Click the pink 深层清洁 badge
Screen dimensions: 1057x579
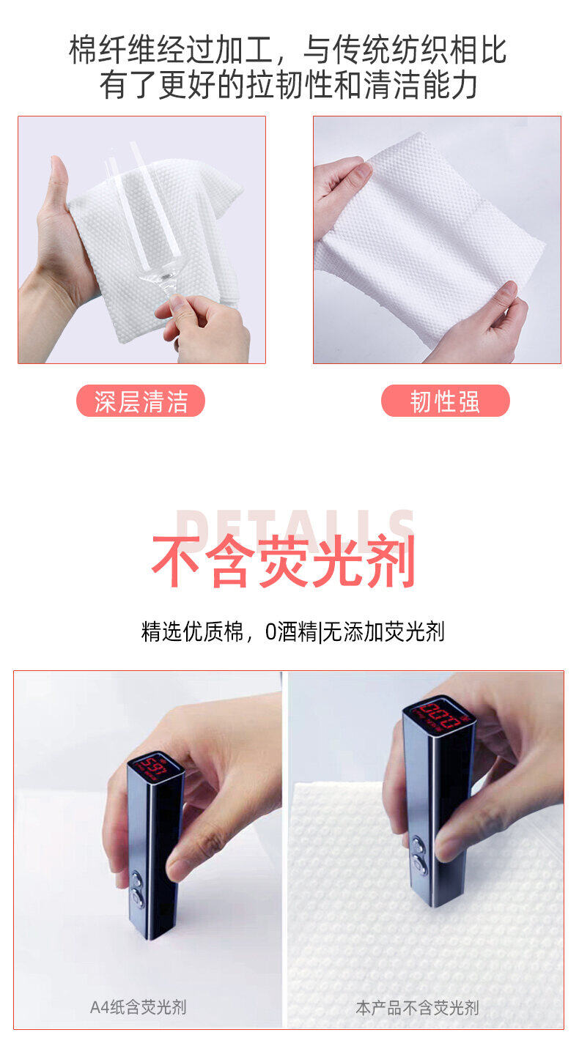pyautogui.click(x=141, y=401)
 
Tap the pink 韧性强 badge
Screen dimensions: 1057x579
pyautogui.click(x=445, y=401)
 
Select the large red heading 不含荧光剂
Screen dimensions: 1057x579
pyautogui.click(x=283, y=563)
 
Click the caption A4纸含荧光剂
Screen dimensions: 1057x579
pyautogui.click(x=138, y=1007)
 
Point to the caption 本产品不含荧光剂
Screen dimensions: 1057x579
pyautogui.click(x=417, y=1008)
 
